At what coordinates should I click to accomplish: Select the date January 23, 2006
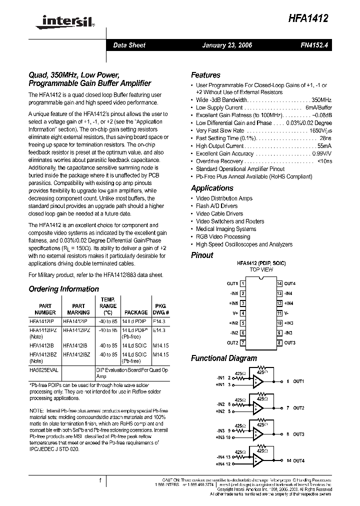[x=226, y=45]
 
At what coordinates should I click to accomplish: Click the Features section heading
[x=205, y=75]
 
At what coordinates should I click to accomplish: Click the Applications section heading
[x=212, y=188]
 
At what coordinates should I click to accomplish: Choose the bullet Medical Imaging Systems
[x=226, y=229]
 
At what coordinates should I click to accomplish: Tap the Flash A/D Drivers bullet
[x=216, y=206]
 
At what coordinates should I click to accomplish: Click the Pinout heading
[x=202, y=255]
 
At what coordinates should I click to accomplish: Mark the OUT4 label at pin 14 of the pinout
[x=290, y=283]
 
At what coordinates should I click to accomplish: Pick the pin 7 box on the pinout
[x=242, y=342]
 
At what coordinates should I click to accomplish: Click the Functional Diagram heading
[x=224, y=358]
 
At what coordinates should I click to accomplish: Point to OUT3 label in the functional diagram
[x=298, y=434]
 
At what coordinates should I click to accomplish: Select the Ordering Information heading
[x=63, y=289]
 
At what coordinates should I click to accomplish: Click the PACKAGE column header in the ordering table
[x=136, y=312]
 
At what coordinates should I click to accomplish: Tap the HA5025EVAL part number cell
[x=43, y=370]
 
